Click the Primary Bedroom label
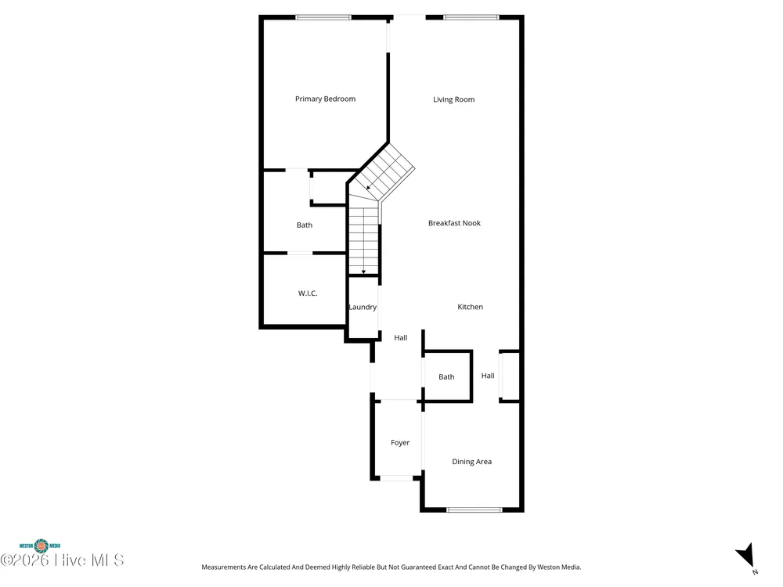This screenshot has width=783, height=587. click(x=325, y=99)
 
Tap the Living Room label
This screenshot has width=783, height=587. click(x=453, y=99)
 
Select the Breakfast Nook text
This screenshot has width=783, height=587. click(x=454, y=223)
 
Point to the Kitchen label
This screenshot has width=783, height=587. click(x=470, y=307)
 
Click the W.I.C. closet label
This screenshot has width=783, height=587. click(x=308, y=293)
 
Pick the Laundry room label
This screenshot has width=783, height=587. click(x=363, y=307)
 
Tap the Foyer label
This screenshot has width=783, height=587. click(x=400, y=443)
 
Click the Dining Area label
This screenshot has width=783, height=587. click(x=471, y=462)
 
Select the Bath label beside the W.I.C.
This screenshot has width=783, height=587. click(x=304, y=225)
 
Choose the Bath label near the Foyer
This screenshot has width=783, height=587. click(x=446, y=377)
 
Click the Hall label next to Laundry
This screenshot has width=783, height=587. click(x=400, y=338)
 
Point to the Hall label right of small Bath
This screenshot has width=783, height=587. click(x=488, y=376)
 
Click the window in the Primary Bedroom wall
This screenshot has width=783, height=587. click(x=323, y=17)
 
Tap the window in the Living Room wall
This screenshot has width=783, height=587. click(x=471, y=17)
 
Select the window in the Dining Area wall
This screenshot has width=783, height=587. click(x=474, y=510)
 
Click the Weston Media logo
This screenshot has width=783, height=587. click(x=40, y=546)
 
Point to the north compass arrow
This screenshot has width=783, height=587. click(x=745, y=556)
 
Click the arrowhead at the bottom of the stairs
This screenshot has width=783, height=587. click(x=363, y=272)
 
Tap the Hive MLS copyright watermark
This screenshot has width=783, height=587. click(x=62, y=560)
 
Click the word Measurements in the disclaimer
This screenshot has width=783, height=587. click(x=224, y=567)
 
